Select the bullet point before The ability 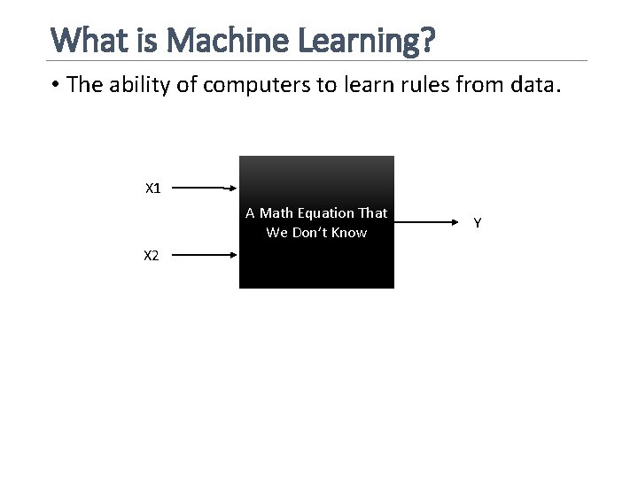pyautogui.click(x=55, y=85)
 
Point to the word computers pyautogui.click(x=250, y=85)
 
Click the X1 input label pyautogui.click(x=153, y=189)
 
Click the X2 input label pyautogui.click(x=152, y=256)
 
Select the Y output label pyautogui.click(x=478, y=223)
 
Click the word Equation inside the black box pyautogui.click(x=323, y=214)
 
